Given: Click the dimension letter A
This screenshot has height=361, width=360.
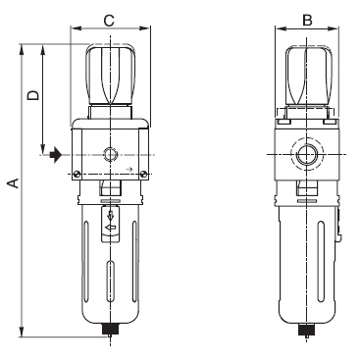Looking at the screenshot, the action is tap(13, 183).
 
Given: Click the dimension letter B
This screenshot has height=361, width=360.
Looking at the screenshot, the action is tap(307, 21).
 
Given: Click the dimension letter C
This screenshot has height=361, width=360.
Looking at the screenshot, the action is tap(109, 21).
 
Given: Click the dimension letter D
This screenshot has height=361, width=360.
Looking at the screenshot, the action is tap(33, 95).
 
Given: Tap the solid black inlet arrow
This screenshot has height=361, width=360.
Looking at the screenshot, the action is tap(55, 155).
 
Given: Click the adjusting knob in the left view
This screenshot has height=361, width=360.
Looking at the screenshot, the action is tap(111, 75).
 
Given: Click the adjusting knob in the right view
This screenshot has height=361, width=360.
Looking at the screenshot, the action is tap(306, 76).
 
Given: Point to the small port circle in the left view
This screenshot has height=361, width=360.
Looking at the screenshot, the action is tap(110, 154).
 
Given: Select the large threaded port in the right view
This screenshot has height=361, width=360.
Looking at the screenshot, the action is tap(307, 154).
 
